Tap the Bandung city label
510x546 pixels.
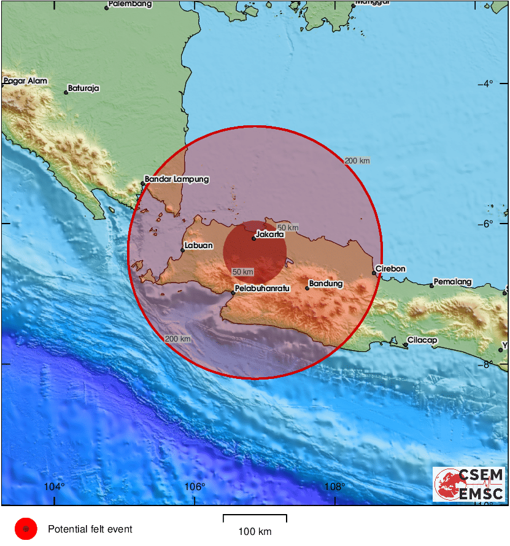point(326,284)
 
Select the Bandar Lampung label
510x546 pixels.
point(177,179)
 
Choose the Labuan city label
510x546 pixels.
point(199,246)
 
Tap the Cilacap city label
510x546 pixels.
point(422,340)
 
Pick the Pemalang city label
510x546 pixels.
point(453,282)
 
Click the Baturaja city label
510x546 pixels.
point(83,88)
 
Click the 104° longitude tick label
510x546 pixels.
point(55,487)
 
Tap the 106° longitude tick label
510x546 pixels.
point(195,487)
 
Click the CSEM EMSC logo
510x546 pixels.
point(469,485)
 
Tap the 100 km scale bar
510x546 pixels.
point(255,519)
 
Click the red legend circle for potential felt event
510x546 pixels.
point(26,529)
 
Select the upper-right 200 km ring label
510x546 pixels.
point(357,161)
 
